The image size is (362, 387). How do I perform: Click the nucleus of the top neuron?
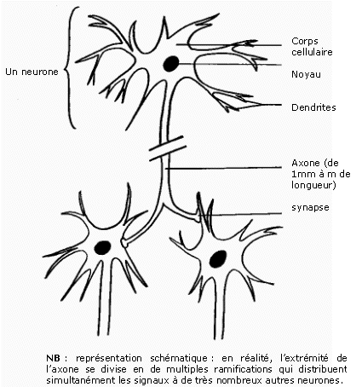coord(171,64)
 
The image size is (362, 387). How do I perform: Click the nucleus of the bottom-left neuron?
coord(102,247)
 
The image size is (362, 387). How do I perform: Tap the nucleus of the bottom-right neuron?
coord(218,259)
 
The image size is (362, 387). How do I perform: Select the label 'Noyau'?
coord(306,74)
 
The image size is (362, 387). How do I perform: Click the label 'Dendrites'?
coord(313,107)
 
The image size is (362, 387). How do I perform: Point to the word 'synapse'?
coord(310,208)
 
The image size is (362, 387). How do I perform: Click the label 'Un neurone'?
coord(32,72)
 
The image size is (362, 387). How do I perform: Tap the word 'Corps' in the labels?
coord(305,42)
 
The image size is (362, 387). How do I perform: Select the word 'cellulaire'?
coord(312,52)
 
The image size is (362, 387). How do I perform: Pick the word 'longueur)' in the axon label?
coord(313,185)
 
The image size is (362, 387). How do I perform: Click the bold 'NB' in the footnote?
coord(53,358)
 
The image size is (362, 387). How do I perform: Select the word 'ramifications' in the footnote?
coord(243,369)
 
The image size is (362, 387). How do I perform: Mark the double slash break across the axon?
coord(168,148)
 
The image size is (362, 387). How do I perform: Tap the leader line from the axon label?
coord(223,168)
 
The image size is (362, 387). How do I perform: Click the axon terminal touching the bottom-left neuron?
coord(124,242)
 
